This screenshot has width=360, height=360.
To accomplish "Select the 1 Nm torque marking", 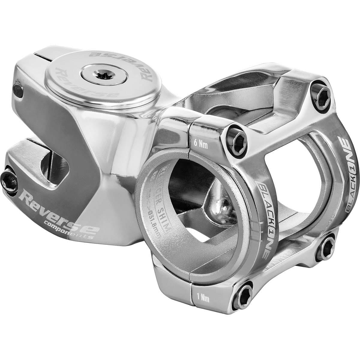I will [201, 298].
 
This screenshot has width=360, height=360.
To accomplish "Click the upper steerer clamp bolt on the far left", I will [18, 90].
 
